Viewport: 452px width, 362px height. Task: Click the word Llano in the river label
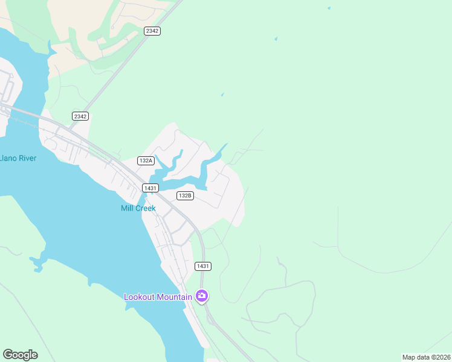point(8,159)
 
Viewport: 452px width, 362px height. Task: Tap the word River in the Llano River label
point(27,159)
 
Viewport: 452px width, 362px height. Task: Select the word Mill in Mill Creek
point(128,208)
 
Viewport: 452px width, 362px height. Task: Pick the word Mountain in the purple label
point(174,297)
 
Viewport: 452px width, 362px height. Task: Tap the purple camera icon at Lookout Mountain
point(201,296)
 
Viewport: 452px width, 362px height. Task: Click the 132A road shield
point(146,160)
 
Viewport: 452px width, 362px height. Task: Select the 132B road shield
point(185,195)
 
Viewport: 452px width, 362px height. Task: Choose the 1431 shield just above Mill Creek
point(150,188)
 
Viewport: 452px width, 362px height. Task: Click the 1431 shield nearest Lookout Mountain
point(203,266)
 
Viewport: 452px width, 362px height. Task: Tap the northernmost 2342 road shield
point(152,31)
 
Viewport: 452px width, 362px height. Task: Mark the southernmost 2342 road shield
point(80,116)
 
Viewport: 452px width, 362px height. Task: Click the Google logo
point(20,355)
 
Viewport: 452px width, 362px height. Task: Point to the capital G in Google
point(7,355)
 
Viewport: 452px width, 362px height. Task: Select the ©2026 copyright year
point(441,357)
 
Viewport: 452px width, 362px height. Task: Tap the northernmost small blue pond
point(329,8)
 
